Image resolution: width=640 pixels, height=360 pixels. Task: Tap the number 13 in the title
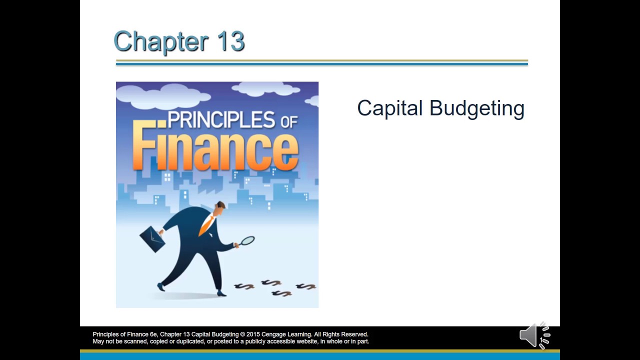pos(230,41)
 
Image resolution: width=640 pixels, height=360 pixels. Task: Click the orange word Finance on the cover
pos(215,149)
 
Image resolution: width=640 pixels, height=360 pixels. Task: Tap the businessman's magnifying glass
pos(247,241)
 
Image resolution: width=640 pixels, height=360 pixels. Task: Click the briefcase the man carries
pos(152,239)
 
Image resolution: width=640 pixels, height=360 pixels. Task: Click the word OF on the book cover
pos(289,121)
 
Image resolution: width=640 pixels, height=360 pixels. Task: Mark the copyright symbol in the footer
pos(242,334)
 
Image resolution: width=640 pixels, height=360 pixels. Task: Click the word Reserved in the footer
pos(354,334)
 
